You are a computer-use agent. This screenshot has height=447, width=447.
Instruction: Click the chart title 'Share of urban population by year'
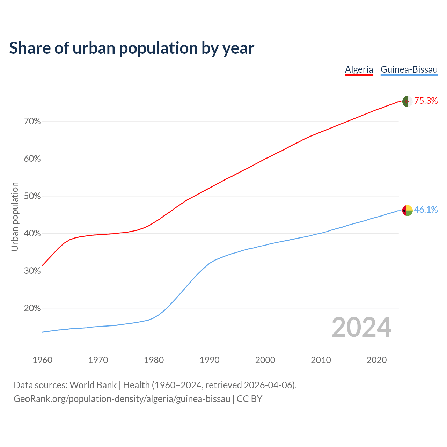(x=132, y=48)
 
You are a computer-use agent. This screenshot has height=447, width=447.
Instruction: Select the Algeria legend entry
(x=359, y=69)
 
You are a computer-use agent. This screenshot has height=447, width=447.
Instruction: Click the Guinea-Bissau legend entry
(x=409, y=69)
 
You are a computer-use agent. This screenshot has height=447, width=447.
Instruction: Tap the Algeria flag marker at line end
(x=407, y=102)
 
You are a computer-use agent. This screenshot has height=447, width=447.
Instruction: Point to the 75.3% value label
(x=426, y=101)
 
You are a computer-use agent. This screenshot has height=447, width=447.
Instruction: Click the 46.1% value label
(x=426, y=210)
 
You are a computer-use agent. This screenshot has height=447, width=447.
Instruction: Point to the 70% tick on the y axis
(x=32, y=122)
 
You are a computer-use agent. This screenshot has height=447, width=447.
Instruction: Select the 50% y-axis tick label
(x=32, y=196)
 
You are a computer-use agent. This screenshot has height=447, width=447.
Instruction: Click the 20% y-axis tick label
(x=32, y=308)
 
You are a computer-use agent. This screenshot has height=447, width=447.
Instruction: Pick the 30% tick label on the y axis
(x=32, y=271)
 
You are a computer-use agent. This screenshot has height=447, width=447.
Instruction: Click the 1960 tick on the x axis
(x=42, y=360)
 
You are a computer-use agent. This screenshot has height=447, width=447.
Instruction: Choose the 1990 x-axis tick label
(x=210, y=360)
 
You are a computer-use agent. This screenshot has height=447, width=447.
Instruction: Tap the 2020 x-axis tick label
(x=376, y=360)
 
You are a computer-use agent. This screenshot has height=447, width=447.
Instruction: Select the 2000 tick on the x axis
(x=265, y=360)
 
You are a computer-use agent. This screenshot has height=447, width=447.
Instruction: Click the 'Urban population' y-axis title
(x=15, y=217)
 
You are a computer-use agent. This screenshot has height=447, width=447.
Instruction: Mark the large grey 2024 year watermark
(x=361, y=328)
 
